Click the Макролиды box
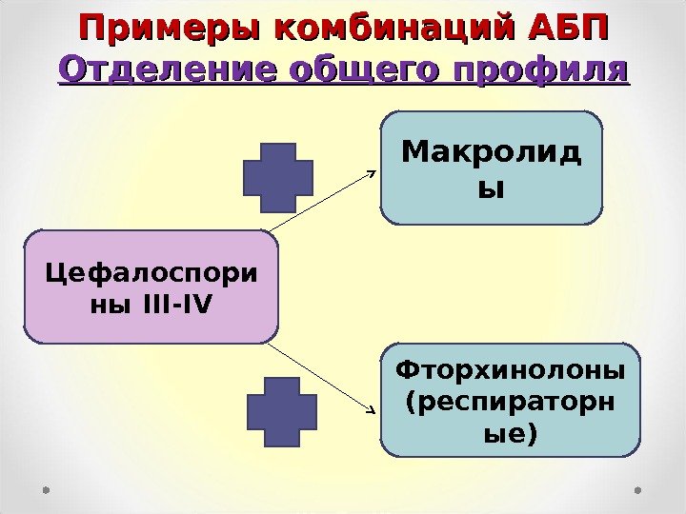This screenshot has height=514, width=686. point(492,168)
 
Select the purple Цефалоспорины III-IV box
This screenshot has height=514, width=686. point(151,287)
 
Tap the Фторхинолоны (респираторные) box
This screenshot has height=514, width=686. point(511,401)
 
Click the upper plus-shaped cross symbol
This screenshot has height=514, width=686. point(278,177)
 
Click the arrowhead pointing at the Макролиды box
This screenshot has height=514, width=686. point(373,173)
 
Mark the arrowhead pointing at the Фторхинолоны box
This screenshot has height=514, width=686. point(371,411)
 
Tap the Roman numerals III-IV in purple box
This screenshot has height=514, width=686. point(180,305)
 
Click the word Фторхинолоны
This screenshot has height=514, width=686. point(511,367)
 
